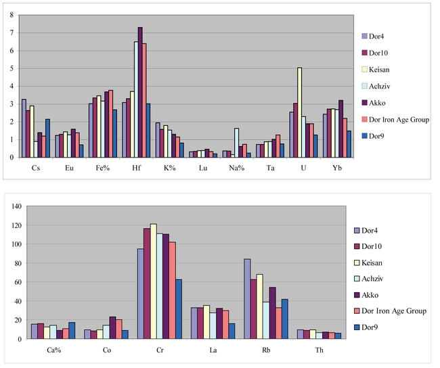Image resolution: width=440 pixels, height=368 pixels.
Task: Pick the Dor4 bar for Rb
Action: pyautogui.click(x=248, y=298)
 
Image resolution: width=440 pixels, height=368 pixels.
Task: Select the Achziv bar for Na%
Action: pyautogui.click(x=236, y=143)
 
